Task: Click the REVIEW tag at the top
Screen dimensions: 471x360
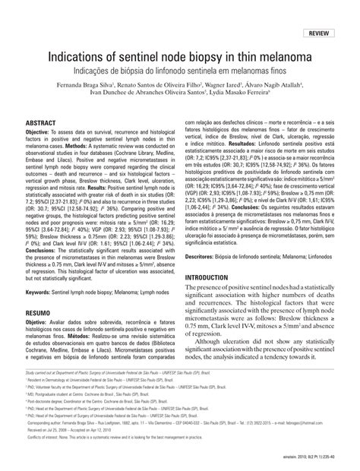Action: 319,35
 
